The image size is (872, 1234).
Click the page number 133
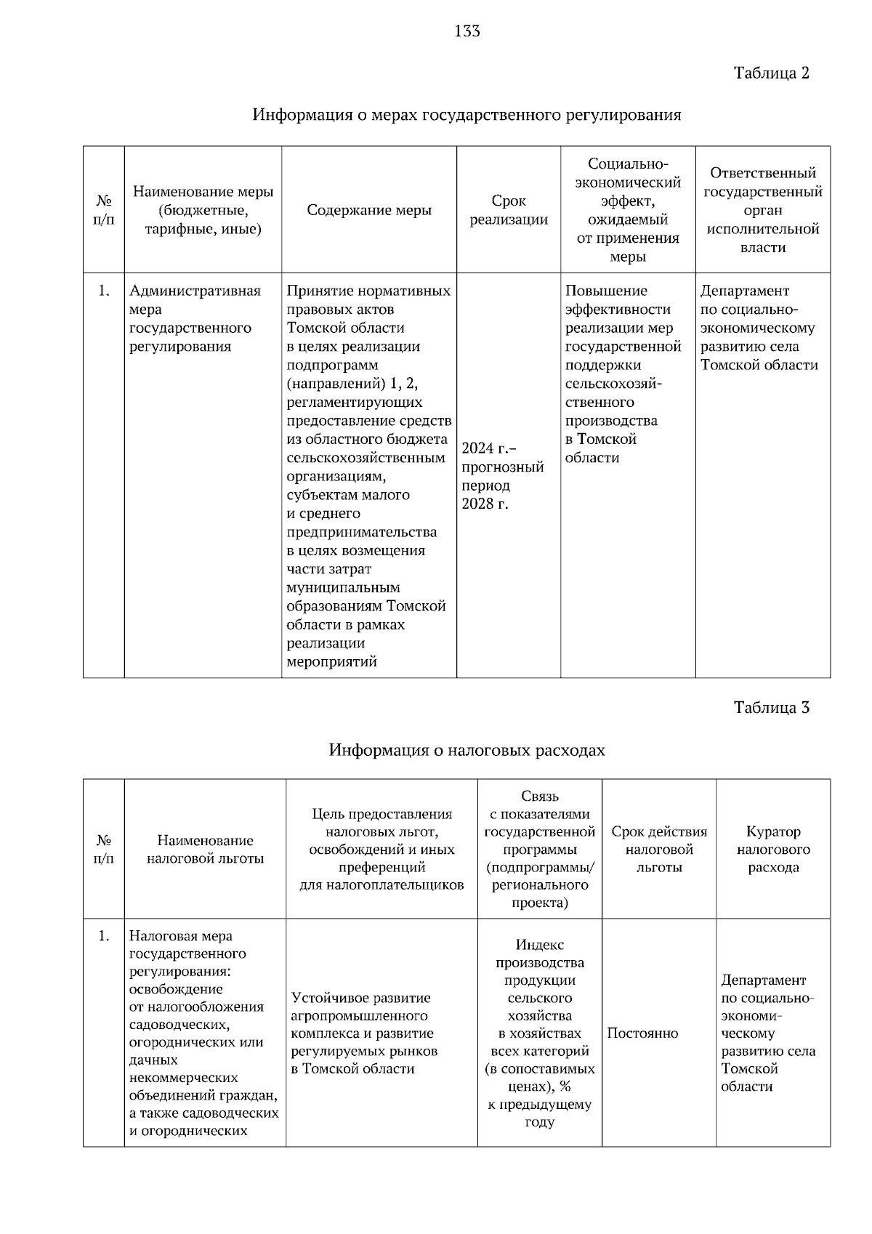click(467, 31)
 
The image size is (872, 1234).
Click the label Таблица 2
click(771, 73)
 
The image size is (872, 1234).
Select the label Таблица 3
click(771, 708)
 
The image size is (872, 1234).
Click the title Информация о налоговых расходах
click(467, 750)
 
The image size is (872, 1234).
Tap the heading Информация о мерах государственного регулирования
click(467, 115)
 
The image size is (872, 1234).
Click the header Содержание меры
click(369, 210)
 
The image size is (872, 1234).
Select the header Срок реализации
click(509, 210)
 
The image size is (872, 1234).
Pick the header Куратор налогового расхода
click(773, 849)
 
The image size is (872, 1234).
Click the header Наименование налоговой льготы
click(205, 849)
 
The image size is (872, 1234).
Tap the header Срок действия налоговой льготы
click(658, 849)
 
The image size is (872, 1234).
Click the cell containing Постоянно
click(642, 1033)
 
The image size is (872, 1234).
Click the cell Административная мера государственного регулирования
click(195, 318)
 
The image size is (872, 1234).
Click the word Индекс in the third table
click(539, 945)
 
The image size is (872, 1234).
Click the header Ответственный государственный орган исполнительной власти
click(763, 210)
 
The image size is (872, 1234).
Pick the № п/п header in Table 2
click(103, 210)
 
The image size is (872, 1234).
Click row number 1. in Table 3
click(103, 936)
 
